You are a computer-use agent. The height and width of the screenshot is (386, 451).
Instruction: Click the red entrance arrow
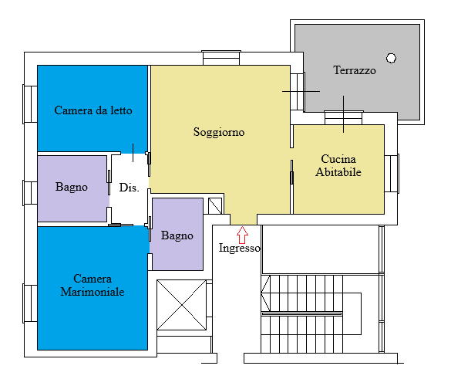click(x=242, y=235)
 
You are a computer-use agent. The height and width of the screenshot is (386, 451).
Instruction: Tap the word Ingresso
click(x=240, y=248)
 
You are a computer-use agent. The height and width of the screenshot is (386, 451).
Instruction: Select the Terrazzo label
click(x=355, y=70)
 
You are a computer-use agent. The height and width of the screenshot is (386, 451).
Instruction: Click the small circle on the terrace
click(x=391, y=58)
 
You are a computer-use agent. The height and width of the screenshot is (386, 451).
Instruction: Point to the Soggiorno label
click(x=219, y=132)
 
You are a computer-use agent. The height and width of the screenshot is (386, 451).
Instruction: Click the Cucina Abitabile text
click(x=338, y=165)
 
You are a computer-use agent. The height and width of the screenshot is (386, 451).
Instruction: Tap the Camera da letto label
click(x=93, y=110)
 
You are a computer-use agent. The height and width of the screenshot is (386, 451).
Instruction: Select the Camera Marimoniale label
click(x=93, y=285)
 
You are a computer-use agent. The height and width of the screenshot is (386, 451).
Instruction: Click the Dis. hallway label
click(x=130, y=188)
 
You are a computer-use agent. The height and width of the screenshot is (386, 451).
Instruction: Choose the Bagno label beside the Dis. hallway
click(x=72, y=188)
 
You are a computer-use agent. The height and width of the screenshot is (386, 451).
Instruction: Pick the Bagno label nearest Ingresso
click(x=177, y=236)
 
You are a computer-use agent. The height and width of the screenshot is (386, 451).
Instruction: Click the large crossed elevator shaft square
click(x=181, y=305)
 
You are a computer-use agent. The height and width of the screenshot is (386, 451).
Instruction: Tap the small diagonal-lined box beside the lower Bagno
click(x=215, y=205)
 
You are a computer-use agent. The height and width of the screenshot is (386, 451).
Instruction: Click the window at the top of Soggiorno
click(x=221, y=58)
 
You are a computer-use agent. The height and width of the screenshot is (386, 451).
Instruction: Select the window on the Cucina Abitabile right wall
click(x=392, y=174)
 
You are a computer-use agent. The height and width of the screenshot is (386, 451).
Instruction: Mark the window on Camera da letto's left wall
click(x=30, y=104)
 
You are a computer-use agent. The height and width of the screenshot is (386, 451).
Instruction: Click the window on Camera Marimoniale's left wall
click(x=30, y=303)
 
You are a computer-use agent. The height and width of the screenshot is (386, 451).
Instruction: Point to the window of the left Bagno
click(x=30, y=193)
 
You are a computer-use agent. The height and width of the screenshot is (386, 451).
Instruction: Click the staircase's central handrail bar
click(x=301, y=313)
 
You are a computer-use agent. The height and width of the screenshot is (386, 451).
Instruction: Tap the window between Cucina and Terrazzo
click(x=344, y=118)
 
